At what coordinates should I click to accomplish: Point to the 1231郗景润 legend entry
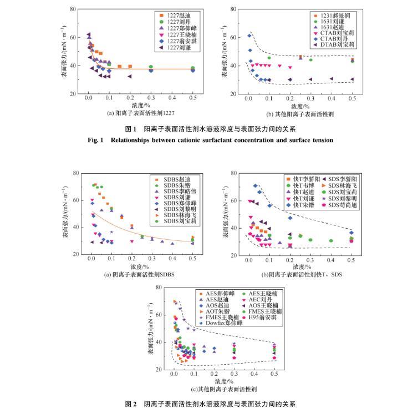[x=335, y=15]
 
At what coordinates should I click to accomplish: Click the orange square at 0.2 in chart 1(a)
[x=130, y=67]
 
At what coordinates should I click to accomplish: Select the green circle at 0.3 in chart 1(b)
[x=310, y=60]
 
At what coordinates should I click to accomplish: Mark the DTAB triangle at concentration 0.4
[x=332, y=79]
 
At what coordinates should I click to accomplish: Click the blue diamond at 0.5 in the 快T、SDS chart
[x=351, y=233]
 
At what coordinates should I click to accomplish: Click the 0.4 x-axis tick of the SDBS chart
[x=172, y=259]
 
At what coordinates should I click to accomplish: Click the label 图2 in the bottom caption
[x=131, y=404]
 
